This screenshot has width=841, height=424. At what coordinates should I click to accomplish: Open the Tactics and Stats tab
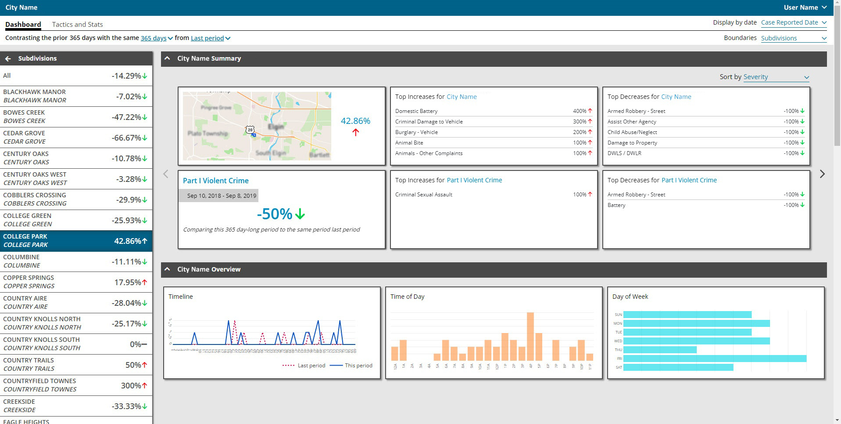click(77, 25)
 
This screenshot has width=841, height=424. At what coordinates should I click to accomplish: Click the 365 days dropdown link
click(156, 38)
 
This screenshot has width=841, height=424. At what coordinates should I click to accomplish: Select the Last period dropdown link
click(210, 38)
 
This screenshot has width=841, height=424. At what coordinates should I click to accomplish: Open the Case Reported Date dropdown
click(793, 22)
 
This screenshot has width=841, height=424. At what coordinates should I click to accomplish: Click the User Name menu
click(805, 7)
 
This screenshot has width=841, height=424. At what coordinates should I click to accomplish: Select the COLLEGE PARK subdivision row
click(76, 241)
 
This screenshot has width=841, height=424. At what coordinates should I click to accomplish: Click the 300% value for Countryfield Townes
click(131, 385)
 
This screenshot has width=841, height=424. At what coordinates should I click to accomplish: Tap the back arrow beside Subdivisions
click(8, 58)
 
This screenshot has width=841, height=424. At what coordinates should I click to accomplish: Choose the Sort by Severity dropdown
click(776, 77)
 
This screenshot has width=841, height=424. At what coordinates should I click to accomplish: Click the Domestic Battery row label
click(416, 111)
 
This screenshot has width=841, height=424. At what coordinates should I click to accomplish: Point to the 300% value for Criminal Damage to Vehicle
click(580, 122)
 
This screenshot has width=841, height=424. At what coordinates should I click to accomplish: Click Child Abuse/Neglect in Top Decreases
click(632, 132)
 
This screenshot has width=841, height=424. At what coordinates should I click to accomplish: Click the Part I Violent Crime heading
click(215, 181)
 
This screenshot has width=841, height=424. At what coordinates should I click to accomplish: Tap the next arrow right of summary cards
click(822, 174)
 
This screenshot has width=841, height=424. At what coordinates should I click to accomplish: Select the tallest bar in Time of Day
click(530, 336)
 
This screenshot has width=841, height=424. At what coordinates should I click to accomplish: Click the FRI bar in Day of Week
click(714, 359)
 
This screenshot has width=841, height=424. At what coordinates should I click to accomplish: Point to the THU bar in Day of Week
click(659, 350)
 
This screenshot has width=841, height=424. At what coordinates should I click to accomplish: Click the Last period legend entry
click(304, 366)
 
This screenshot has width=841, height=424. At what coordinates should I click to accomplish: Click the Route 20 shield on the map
click(250, 129)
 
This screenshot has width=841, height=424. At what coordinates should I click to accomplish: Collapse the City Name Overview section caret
click(167, 269)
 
